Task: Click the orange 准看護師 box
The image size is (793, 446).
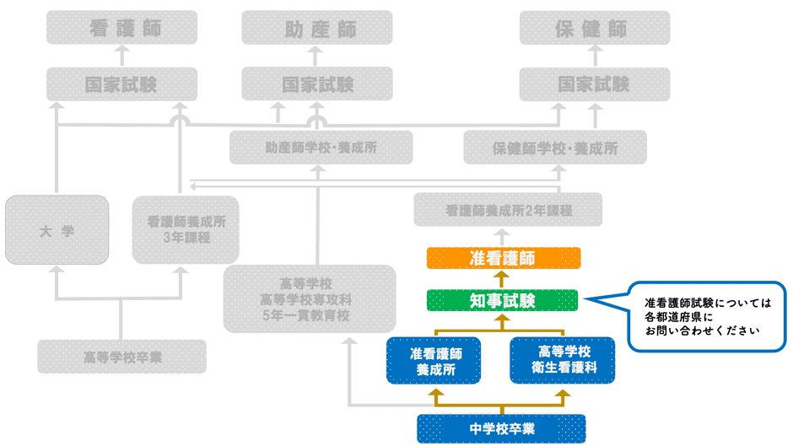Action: (504, 257)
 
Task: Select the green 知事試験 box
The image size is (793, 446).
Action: (502, 300)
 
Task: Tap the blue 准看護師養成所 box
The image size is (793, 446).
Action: (434, 360)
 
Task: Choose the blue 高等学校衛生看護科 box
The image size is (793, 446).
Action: (562, 360)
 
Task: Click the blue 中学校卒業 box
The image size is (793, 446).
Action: (502, 428)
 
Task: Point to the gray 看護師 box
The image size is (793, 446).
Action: (123, 28)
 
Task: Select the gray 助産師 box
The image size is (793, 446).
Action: (317, 28)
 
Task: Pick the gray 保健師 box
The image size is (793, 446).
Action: (595, 28)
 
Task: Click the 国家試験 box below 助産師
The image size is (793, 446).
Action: (317, 84)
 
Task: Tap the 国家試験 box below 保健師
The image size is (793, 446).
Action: (595, 84)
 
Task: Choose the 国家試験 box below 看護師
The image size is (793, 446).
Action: (121, 84)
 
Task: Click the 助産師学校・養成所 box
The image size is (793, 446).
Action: (321, 148)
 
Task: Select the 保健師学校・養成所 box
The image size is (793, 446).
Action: (555, 148)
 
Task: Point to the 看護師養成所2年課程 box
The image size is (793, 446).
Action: (508, 210)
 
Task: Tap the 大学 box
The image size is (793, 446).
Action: (57, 230)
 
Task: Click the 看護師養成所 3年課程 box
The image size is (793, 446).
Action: (186, 230)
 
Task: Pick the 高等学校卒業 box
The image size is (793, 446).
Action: (121, 357)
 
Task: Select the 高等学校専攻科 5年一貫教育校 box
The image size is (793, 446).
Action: (309, 299)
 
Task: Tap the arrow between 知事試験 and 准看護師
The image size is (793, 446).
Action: (502, 279)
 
